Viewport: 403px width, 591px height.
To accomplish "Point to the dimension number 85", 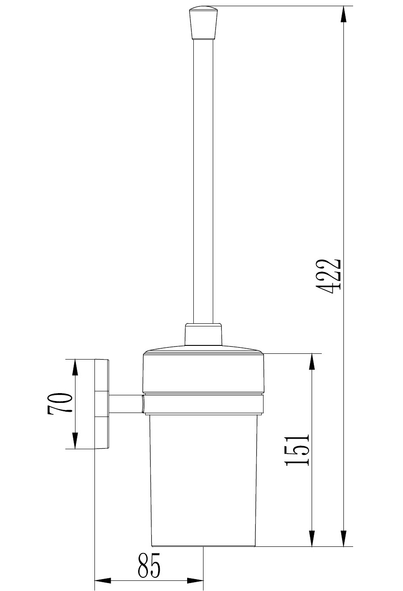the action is [149, 563].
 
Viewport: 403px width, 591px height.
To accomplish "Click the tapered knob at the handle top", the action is [203, 23].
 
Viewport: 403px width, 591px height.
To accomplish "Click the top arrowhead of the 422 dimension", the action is [343, 15].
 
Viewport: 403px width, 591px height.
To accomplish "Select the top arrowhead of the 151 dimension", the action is [312, 362].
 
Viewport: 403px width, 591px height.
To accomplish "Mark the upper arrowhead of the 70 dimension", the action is [75, 367].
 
